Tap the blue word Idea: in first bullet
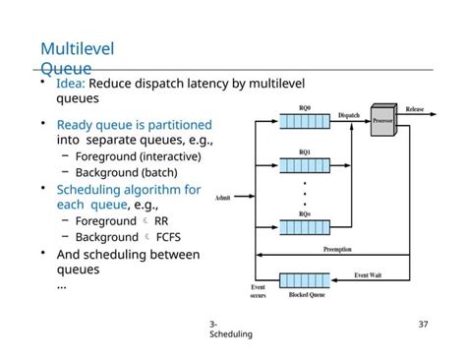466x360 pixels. [x=77, y=84]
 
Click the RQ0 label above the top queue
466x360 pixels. [x=305, y=107]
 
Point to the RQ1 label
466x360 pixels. [x=305, y=152]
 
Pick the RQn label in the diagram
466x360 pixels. [x=305, y=213]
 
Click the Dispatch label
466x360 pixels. [x=349, y=115]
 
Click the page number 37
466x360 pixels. [x=424, y=324]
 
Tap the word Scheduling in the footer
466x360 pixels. [x=231, y=334]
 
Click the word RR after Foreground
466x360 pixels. [x=161, y=221]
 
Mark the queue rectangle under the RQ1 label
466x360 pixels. [x=305, y=167]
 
